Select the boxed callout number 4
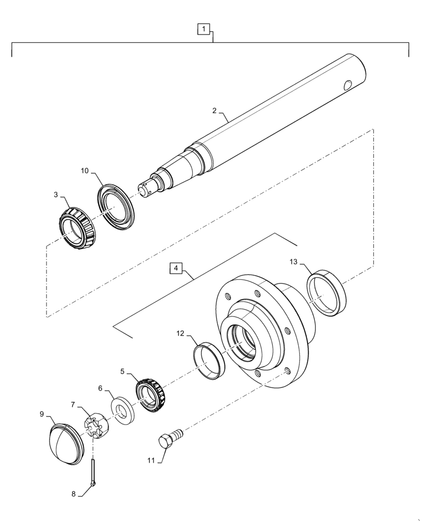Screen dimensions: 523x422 176,268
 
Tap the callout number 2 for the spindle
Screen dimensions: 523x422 215,111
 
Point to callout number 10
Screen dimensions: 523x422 85,170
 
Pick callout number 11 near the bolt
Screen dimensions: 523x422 151,460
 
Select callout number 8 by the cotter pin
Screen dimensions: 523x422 73,493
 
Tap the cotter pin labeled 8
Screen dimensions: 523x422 93,471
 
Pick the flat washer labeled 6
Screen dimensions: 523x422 123,411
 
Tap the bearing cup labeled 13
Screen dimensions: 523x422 326,292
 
